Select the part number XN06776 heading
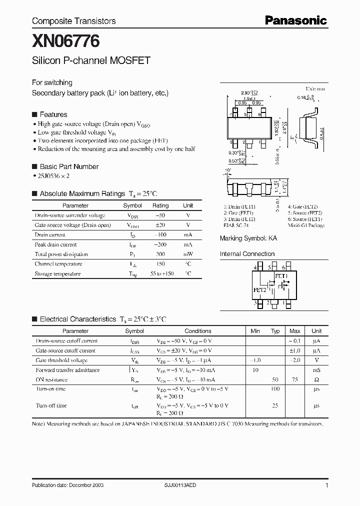pyautogui.click(x=58, y=39)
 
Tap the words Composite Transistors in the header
pyautogui.click(x=73, y=21)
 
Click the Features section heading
pyautogui.click(x=53, y=114)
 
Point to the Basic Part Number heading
pyautogui.click(x=69, y=166)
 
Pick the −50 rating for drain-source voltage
pyautogui.click(x=160, y=215)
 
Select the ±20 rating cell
pyautogui.click(x=160, y=225)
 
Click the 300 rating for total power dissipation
pyautogui.click(x=160, y=254)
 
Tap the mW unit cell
pyautogui.click(x=188, y=254)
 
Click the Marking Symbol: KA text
pyautogui.click(x=248, y=238)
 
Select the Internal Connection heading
pyautogui.click(x=247, y=254)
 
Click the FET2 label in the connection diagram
pyautogui.click(x=260, y=289)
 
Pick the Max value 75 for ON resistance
pyautogui.click(x=295, y=379)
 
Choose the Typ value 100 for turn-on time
pyautogui.click(x=275, y=389)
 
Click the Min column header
pyautogui.click(x=255, y=331)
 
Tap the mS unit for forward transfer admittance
pyautogui.click(x=316, y=370)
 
